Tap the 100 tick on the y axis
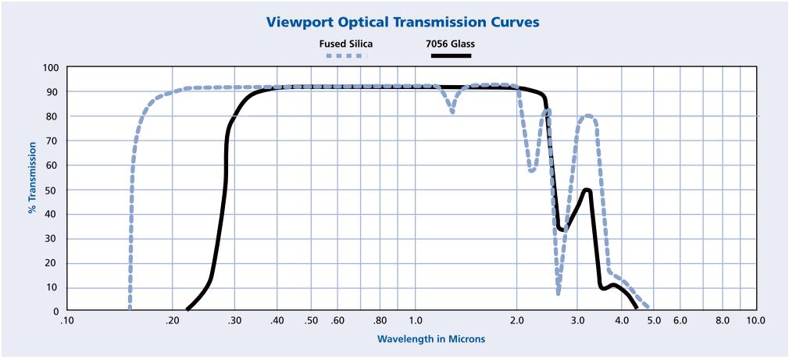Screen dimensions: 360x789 pos(52,68)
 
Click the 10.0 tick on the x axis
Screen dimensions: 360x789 pos(755,320)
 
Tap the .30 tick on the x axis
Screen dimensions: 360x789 pos(234,320)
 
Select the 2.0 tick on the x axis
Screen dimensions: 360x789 pos(517,320)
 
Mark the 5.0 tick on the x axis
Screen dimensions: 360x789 pos(654,320)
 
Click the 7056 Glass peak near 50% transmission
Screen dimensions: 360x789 pos(587,190)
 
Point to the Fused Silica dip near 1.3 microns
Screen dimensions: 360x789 pos(452,112)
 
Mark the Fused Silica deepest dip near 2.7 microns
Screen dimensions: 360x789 pos(559,294)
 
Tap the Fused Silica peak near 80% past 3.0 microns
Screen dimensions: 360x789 pos(588,116)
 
